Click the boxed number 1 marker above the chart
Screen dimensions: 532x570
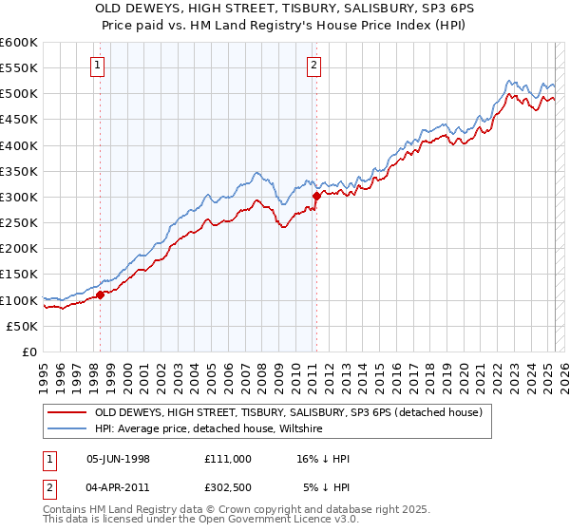point(99,66)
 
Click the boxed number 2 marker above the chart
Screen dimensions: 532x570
point(313,66)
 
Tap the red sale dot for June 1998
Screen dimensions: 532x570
point(100,294)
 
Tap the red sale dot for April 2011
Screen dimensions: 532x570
point(314,196)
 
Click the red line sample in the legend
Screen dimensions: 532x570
point(66,412)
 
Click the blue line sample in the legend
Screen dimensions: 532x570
point(66,429)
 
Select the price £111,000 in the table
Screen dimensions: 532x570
point(227,459)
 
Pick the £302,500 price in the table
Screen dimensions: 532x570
point(227,489)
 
